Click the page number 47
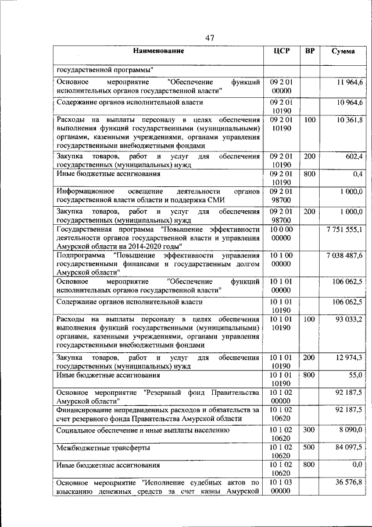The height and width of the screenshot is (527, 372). point(210,38)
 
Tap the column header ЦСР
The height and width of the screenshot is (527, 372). point(281,52)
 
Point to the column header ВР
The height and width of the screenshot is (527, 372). point(310,52)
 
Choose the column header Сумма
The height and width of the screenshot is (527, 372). point(344,52)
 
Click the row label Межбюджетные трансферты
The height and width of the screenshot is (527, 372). point(103,448)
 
